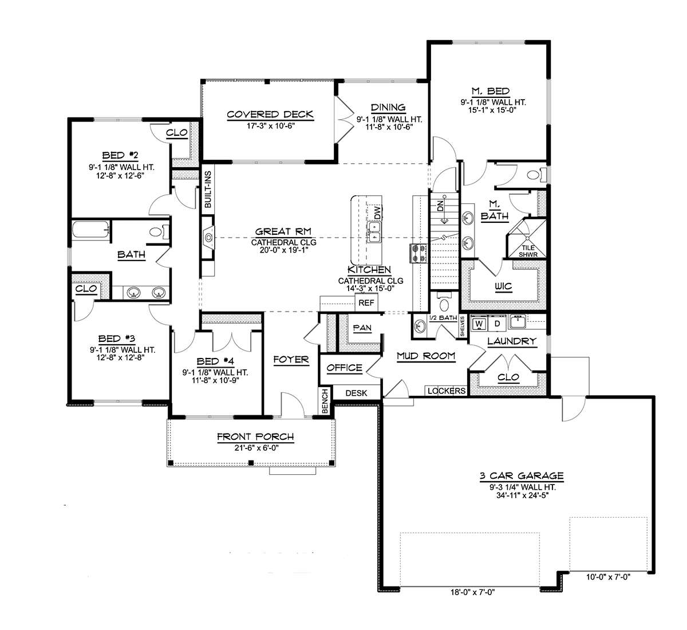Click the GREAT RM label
point(283,232)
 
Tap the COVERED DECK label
point(270,115)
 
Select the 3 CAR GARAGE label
point(522,476)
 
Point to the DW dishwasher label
point(377,212)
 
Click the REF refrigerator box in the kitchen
point(366,303)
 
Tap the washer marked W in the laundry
point(479,324)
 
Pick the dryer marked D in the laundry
point(497,324)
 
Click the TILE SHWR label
point(528,251)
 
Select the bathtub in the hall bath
point(91,229)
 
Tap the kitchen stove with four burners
point(418,253)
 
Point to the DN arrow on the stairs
point(444,210)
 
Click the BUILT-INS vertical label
point(208,190)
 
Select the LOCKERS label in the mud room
point(447,391)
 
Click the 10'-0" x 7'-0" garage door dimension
point(608,577)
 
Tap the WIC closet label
point(503,286)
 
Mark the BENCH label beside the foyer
point(325,401)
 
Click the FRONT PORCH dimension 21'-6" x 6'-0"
point(256,448)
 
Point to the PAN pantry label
point(362,328)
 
